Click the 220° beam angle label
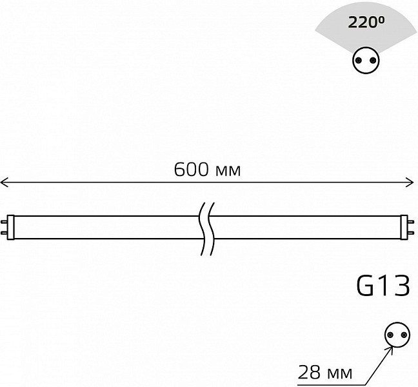tap(366, 22)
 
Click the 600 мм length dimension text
tap(207, 170)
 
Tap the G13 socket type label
tap(383, 286)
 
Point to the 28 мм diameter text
tap(324, 372)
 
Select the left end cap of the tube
tap(10, 227)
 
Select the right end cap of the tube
tap(404, 227)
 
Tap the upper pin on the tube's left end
tap(4, 222)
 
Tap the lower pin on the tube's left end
tap(4, 233)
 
